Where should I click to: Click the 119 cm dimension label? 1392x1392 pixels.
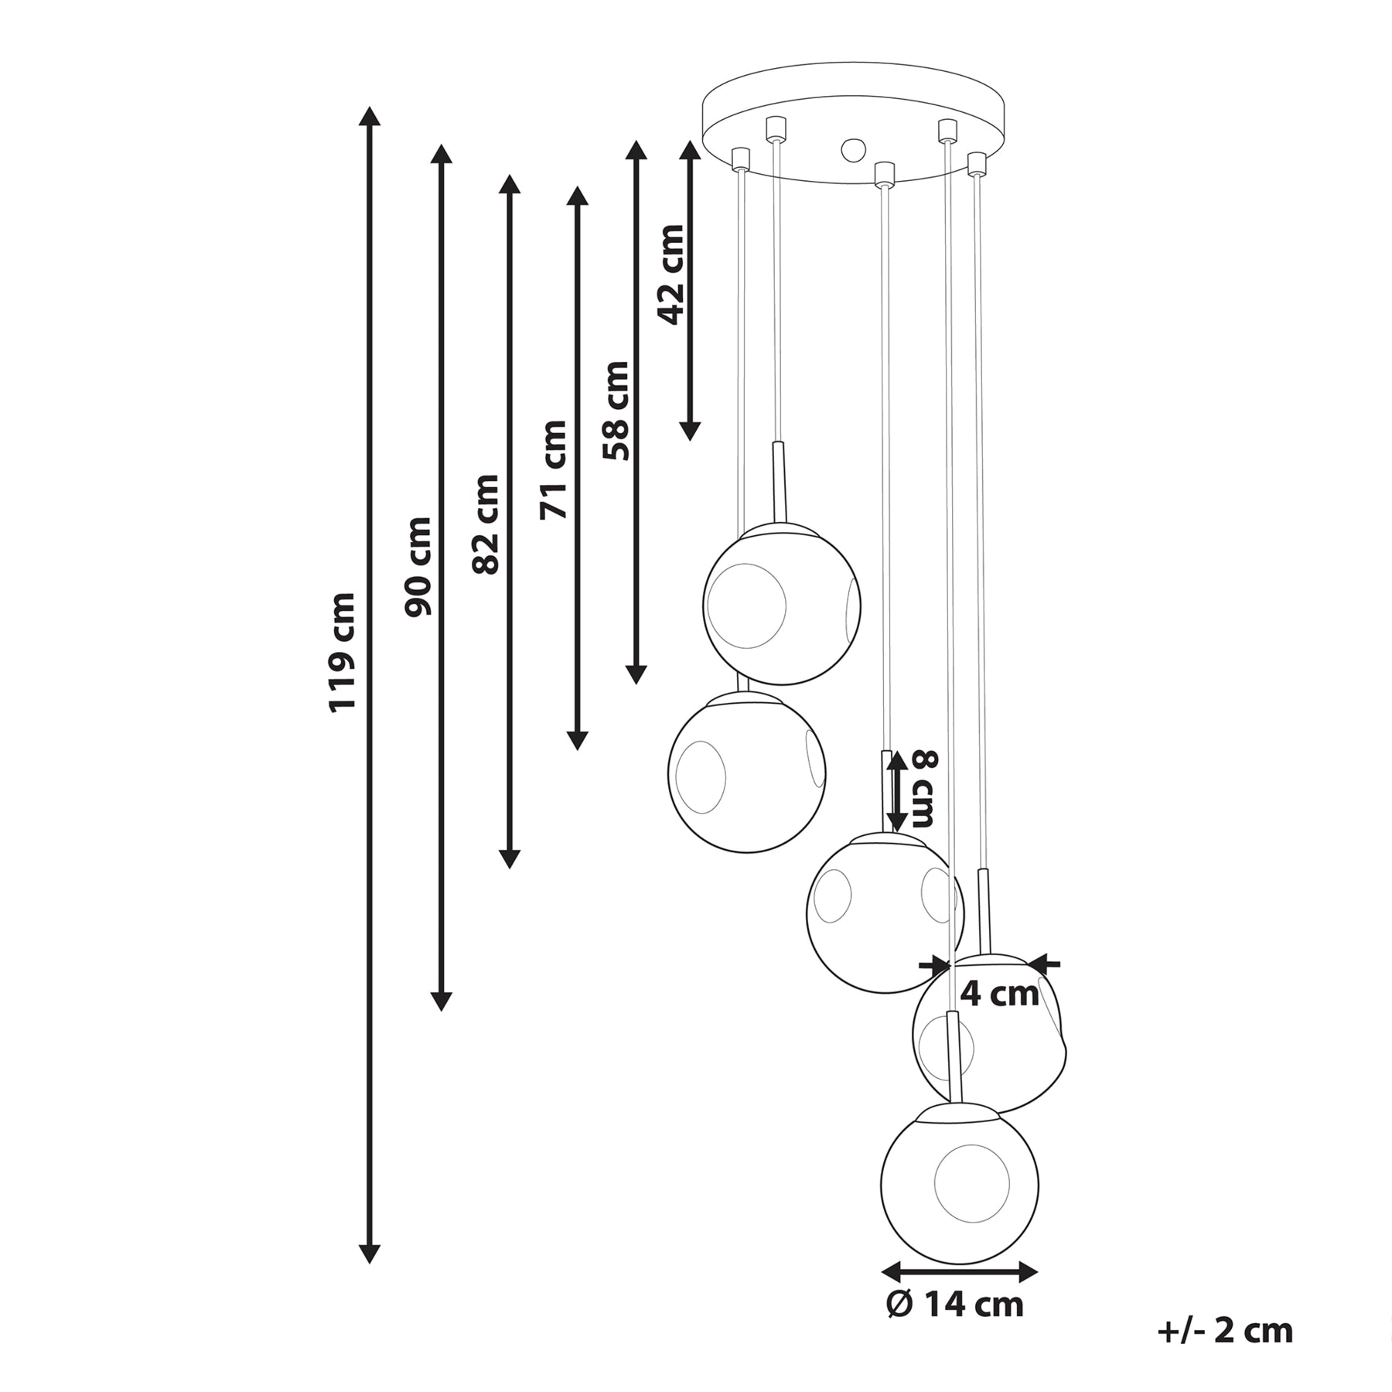tap(342, 652)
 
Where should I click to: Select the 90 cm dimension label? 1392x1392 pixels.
tap(418, 567)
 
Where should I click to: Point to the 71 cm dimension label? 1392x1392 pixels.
tap(554, 469)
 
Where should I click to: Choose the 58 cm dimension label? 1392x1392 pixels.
tap(616, 411)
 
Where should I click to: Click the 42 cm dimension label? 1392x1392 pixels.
tap(670, 275)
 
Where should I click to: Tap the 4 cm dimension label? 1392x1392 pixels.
tap(999, 994)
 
